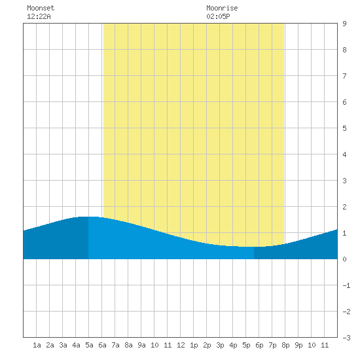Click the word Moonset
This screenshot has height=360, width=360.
coord(41,8)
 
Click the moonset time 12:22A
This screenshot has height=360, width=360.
coord(39,16)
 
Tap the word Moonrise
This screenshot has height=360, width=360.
coord(222,8)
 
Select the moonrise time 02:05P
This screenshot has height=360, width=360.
coord(218,16)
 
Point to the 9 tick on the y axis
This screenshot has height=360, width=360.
coord(344,24)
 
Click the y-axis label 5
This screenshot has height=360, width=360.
coord(344,128)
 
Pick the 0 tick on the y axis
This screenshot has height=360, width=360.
coord(344,259)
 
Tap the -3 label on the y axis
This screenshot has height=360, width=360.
coord(346,338)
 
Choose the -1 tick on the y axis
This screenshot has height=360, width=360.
coord(346,285)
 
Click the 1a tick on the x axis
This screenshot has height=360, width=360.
coord(37,345)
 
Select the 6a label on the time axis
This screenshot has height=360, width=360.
coord(102,345)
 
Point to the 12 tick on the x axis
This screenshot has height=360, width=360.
coord(181,345)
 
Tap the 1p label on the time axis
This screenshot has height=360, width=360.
coord(194,345)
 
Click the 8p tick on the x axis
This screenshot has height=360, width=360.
coord(285,345)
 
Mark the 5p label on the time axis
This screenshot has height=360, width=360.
coord(246,345)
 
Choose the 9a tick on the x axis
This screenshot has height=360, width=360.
coord(141,345)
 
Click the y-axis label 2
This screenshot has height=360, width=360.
coord(344,207)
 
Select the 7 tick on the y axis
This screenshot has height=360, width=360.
coord(344,76)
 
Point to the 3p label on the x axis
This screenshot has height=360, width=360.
coord(220,345)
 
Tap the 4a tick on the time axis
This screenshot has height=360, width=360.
coord(76,345)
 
